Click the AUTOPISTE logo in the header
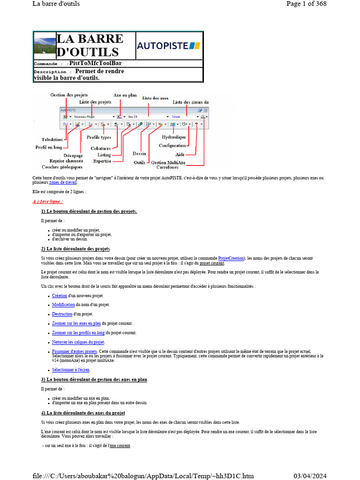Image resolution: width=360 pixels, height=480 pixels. [169, 45]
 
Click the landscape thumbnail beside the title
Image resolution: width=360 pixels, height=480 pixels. [45, 45]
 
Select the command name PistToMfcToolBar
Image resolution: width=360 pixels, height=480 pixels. [95, 63]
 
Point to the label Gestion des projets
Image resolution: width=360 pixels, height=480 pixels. [69, 95]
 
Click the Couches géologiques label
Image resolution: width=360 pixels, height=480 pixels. [62, 167]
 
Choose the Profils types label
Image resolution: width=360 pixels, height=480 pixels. [99, 137]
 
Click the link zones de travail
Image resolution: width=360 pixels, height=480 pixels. [63, 183]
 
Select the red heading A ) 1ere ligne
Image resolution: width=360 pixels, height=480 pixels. [48, 202]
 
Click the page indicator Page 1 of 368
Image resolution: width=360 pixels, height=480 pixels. [306, 4]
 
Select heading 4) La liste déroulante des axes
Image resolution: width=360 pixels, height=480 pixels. [83, 413]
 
